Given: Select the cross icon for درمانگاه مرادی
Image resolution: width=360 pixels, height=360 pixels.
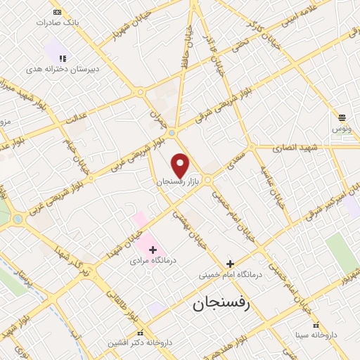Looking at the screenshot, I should click(x=153, y=250).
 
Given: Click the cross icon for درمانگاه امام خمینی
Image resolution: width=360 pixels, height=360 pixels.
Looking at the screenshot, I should click(x=230, y=264).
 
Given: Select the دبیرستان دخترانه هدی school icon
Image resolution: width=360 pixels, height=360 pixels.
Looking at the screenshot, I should click(x=62, y=59).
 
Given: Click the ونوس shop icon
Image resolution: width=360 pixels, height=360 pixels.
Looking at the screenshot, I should click(x=342, y=117).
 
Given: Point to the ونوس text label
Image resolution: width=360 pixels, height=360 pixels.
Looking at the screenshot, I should click(x=342, y=129).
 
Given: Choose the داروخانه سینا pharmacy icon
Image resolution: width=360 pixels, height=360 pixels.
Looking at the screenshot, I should click(x=316, y=325).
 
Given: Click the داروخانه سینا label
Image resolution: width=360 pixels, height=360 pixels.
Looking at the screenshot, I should click(x=316, y=335).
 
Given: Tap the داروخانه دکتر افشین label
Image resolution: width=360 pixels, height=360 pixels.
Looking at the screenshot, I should click(x=138, y=343).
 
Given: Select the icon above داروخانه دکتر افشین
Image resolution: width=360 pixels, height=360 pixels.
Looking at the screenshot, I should click(x=141, y=333).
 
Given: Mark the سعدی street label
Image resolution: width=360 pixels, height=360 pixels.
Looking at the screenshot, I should click(x=237, y=153).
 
